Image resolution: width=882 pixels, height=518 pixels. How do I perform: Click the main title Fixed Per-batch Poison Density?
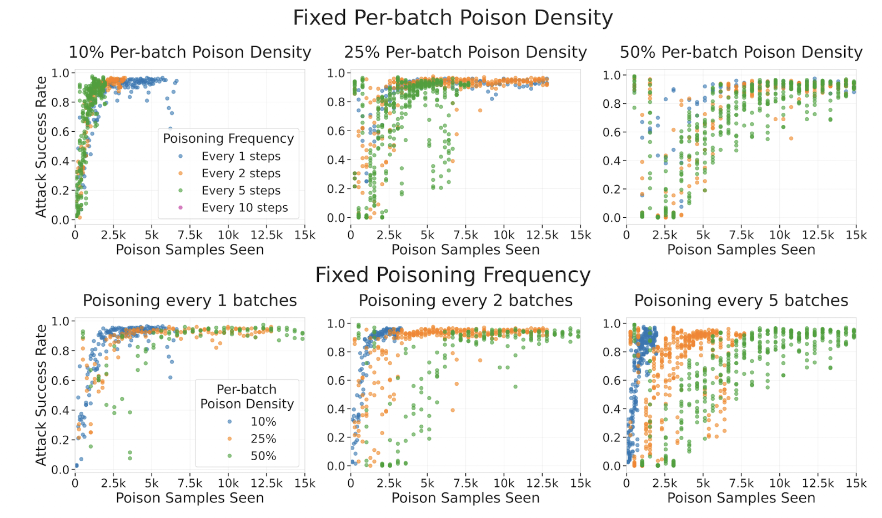[x=452, y=18]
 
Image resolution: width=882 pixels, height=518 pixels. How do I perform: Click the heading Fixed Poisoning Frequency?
[x=452, y=275]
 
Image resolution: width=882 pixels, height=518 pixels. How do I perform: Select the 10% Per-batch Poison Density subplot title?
[x=189, y=52]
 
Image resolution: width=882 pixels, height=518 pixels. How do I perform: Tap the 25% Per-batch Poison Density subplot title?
[x=465, y=52]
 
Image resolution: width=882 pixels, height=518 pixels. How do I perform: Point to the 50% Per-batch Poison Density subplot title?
[x=741, y=52]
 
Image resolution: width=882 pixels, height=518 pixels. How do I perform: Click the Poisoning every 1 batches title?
[x=189, y=301]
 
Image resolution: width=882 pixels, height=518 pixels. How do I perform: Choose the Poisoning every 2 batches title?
[x=465, y=301]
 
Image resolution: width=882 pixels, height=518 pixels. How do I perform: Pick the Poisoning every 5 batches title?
[x=741, y=301]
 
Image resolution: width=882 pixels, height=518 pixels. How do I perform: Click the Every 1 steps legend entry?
[x=240, y=156]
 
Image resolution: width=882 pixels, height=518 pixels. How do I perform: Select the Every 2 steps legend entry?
[x=240, y=173]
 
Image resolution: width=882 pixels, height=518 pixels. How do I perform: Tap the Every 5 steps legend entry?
[x=240, y=191]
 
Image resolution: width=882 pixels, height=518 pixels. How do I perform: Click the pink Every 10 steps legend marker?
[x=180, y=208]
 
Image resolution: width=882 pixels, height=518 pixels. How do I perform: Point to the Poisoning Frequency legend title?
[x=228, y=138]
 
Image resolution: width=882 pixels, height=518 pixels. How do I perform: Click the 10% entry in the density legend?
[x=263, y=422]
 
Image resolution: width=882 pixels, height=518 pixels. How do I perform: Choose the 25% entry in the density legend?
[x=263, y=439]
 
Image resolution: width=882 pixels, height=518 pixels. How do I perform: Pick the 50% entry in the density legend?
[x=263, y=456]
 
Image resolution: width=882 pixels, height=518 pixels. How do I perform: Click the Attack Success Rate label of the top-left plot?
[x=41, y=147]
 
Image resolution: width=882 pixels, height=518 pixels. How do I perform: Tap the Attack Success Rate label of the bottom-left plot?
[x=41, y=395]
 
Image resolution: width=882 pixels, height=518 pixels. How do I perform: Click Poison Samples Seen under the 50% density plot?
[x=741, y=250]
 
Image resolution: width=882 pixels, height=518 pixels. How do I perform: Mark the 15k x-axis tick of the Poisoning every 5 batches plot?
[x=855, y=484]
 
